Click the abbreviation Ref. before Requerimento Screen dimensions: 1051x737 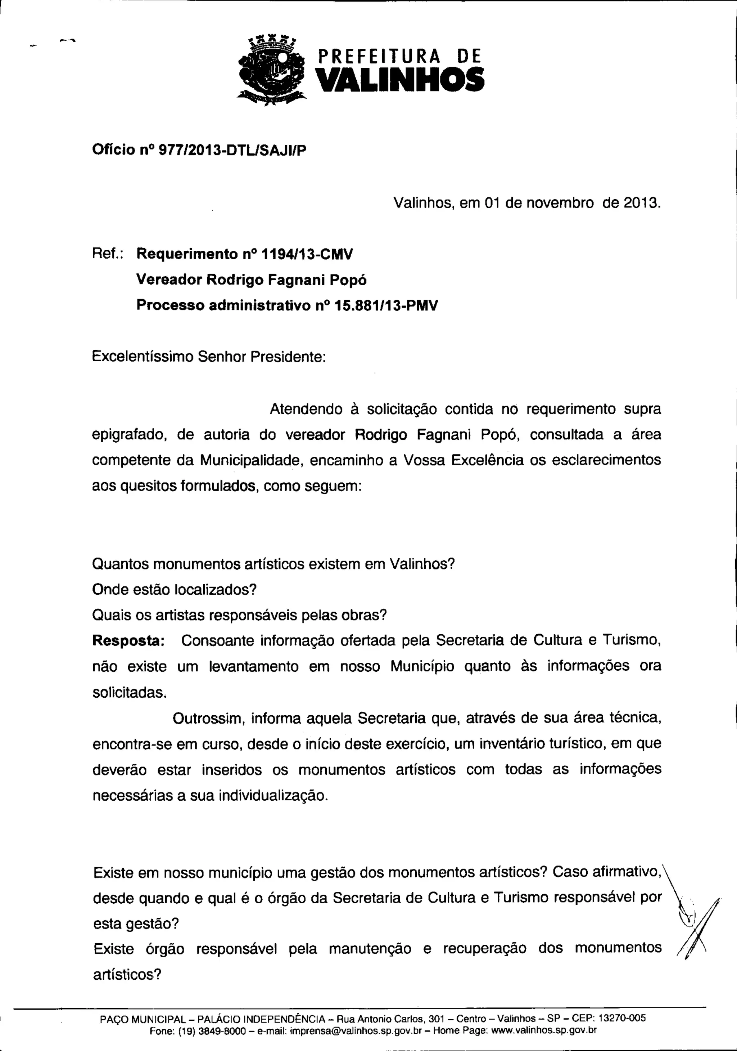coord(106,254)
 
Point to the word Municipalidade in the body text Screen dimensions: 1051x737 coord(252,460)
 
